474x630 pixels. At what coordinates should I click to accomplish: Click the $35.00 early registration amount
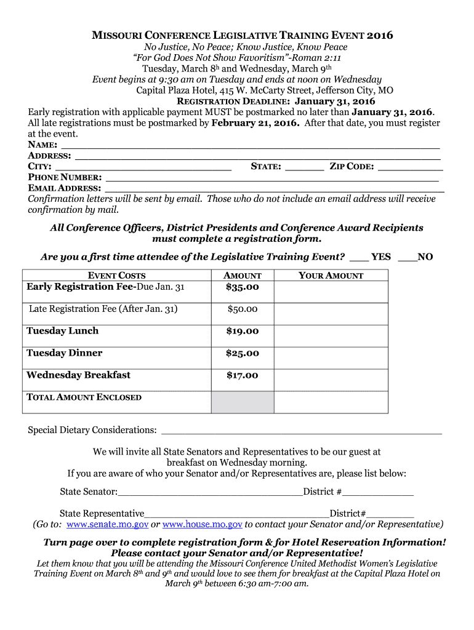pyautogui.click(x=242, y=287)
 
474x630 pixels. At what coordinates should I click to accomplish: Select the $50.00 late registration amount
pyautogui.click(x=242, y=309)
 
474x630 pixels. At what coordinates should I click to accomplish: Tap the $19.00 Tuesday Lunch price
pyautogui.click(x=242, y=332)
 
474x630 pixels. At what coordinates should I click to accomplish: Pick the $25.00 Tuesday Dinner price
pyautogui.click(x=242, y=354)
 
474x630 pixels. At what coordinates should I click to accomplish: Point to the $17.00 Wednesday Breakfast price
pyautogui.click(x=242, y=376)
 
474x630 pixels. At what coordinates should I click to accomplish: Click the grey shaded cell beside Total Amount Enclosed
pyautogui.click(x=243, y=402)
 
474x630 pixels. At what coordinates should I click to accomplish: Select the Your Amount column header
pyautogui.click(x=331, y=276)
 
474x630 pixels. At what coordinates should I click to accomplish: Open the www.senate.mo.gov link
pyautogui.click(x=107, y=525)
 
